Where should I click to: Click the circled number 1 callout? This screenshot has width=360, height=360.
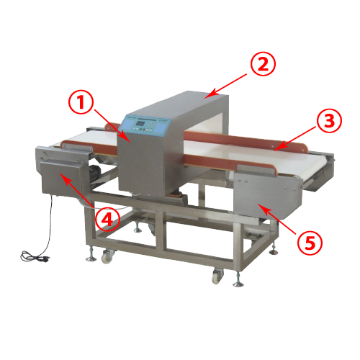(x=81, y=104)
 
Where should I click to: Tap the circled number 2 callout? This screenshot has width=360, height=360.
(x=263, y=64)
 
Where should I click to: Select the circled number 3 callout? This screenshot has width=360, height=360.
(x=329, y=120)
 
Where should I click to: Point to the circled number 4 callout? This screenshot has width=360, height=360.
(x=107, y=220)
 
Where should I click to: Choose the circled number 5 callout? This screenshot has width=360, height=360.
(x=310, y=243)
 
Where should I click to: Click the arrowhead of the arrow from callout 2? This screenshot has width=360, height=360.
(x=208, y=95)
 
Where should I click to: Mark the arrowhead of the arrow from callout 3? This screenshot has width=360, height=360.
(x=277, y=148)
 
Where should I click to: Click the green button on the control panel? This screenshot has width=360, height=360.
(x=136, y=129)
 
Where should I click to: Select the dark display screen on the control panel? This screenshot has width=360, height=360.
(x=140, y=124)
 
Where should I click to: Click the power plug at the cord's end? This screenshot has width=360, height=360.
(x=45, y=259)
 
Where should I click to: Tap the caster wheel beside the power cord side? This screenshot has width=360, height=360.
(x=107, y=256)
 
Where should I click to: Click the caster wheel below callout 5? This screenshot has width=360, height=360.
(x=217, y=276)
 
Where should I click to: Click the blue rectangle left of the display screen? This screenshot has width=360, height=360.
(x=130, y=124)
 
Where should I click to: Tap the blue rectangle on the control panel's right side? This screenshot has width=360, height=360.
(x=159, y=127)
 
